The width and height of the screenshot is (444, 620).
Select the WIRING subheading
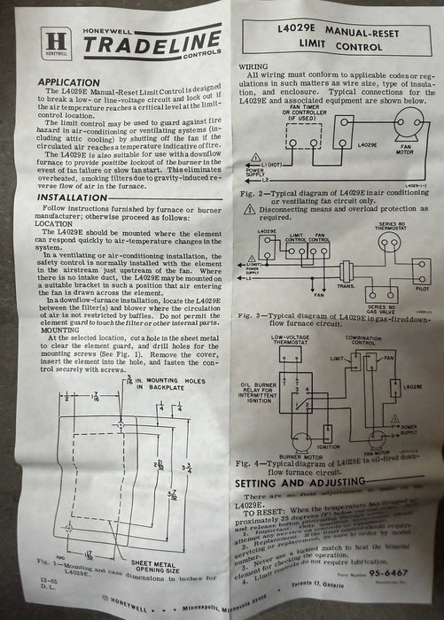pos(251,65)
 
